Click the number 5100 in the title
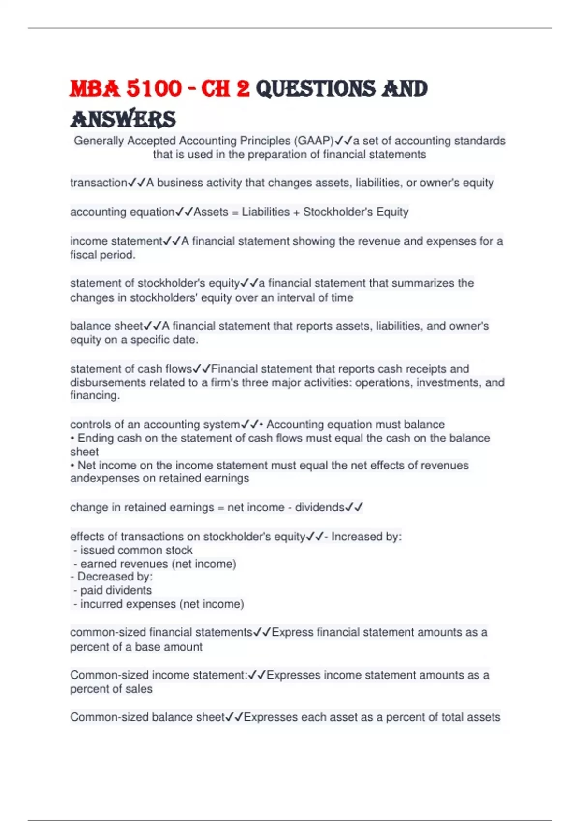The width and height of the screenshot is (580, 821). pos(154,89)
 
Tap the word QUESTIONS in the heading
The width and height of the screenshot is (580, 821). pos(315,89)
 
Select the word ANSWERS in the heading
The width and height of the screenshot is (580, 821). pos(123,119)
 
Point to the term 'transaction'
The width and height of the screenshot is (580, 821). pos(99,183)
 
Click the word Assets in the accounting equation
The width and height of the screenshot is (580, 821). pos(211,212)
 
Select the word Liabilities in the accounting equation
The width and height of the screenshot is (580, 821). pos(265,212)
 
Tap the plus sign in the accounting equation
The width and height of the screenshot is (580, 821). pos(296,212)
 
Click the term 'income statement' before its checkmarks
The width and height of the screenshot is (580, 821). pos(116,241)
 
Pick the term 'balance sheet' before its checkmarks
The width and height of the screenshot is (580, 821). pos(106,326)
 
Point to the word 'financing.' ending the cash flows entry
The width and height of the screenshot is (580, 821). pos(95,396)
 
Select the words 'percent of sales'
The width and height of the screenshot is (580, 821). pos(111,689)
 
